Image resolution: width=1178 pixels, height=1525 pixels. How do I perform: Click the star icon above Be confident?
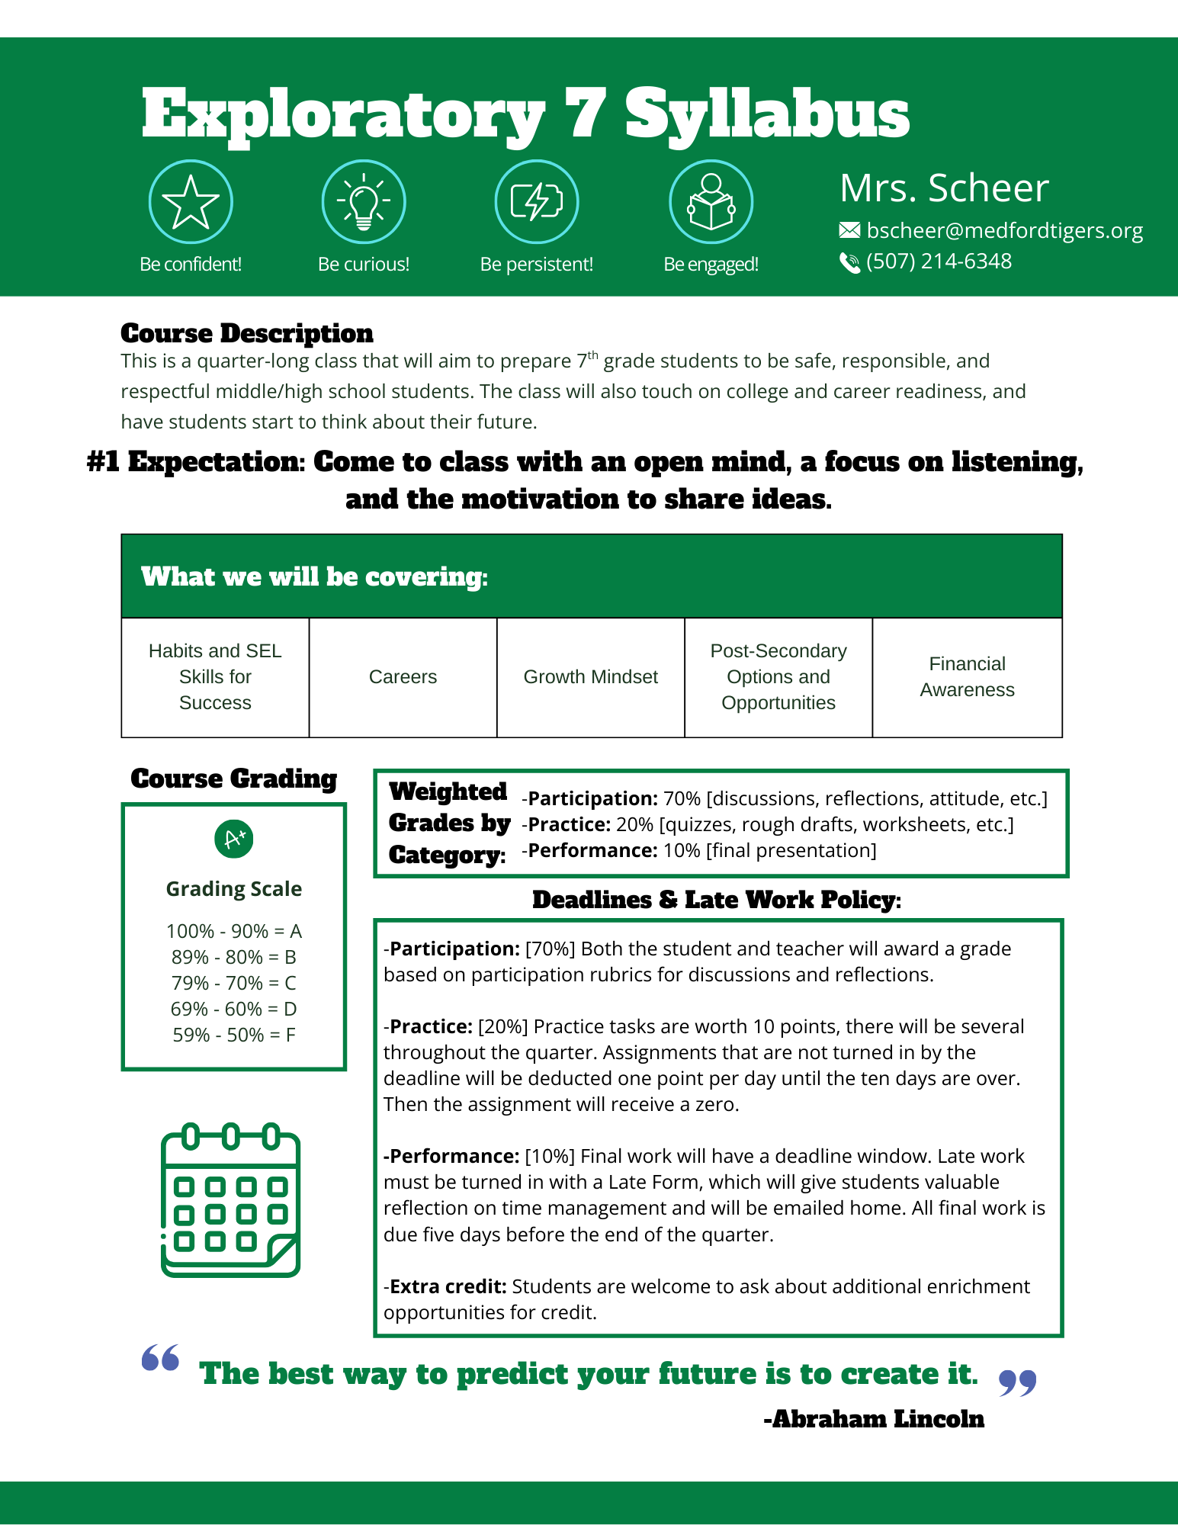[191, 202]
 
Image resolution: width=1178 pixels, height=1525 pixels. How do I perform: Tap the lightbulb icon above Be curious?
[364, 202]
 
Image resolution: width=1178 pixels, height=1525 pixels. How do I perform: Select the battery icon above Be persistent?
[537, 202]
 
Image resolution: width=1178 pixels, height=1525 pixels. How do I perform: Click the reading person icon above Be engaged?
[711, 202]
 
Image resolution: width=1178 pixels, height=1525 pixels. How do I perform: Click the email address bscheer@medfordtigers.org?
[1004, 230]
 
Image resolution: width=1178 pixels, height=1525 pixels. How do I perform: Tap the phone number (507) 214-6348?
[939, 262]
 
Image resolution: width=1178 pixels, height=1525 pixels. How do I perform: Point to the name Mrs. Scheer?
[944, 188]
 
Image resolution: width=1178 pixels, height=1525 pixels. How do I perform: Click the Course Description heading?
[247, 333]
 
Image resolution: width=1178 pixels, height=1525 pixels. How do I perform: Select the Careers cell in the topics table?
[403, 677]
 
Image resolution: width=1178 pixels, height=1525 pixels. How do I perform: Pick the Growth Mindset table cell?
[590, 677]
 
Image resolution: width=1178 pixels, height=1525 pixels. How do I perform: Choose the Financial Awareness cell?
[967, 677]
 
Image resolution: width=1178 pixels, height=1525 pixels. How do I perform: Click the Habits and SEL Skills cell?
[215, 677]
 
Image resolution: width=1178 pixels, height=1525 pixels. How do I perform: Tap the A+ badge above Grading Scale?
[234, 839]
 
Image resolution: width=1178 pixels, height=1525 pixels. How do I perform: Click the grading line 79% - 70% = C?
[234, 983]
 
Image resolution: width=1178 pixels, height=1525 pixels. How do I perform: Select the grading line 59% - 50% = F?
[234, 1035]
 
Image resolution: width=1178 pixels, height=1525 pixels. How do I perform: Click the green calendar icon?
[231, 1200]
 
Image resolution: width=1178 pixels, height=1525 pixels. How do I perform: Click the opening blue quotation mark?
[161, 1358]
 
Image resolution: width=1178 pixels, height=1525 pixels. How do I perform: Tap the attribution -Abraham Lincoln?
[874, 1419]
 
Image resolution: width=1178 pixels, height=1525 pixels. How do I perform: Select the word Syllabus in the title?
[767, 114]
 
